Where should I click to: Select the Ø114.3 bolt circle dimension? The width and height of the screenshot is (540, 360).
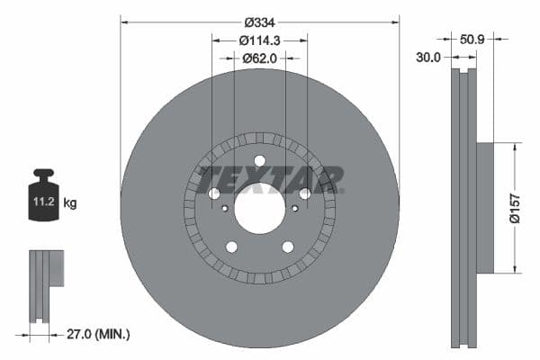click(x=260, y=40)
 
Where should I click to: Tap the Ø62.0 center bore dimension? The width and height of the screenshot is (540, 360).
click(x=260, y=58)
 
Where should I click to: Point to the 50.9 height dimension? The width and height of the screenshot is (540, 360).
click(x=472, y=40)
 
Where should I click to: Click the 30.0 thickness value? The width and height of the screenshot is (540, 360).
click(x=430, y=57)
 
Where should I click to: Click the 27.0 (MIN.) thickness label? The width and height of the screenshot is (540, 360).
click(x=98, y=334)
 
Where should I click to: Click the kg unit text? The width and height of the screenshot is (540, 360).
click(x=70, y=203)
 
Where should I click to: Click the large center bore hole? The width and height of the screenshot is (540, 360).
click(x=259, y=207)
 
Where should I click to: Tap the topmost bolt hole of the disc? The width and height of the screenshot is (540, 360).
click(x=259, y=161)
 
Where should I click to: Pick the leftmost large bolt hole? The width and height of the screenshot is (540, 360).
click(x=214, y=193)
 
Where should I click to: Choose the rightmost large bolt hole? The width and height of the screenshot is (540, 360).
click(x=305, y=193)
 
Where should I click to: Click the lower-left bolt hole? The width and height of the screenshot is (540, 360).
click(x=231, y=247)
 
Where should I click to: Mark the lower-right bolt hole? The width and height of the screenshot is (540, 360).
click(x=288, y=247)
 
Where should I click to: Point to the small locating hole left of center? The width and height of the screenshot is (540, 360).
click(x=225, y=208)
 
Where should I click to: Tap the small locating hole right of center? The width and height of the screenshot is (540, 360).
click(x=294, y=208)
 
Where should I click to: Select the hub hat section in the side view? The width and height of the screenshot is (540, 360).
click(x=485, y=207)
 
